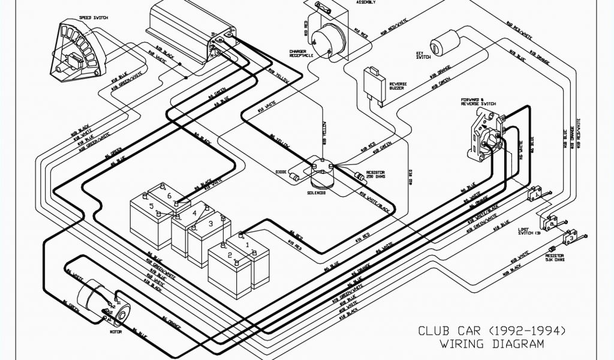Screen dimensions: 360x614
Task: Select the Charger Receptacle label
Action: coord(299,53)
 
